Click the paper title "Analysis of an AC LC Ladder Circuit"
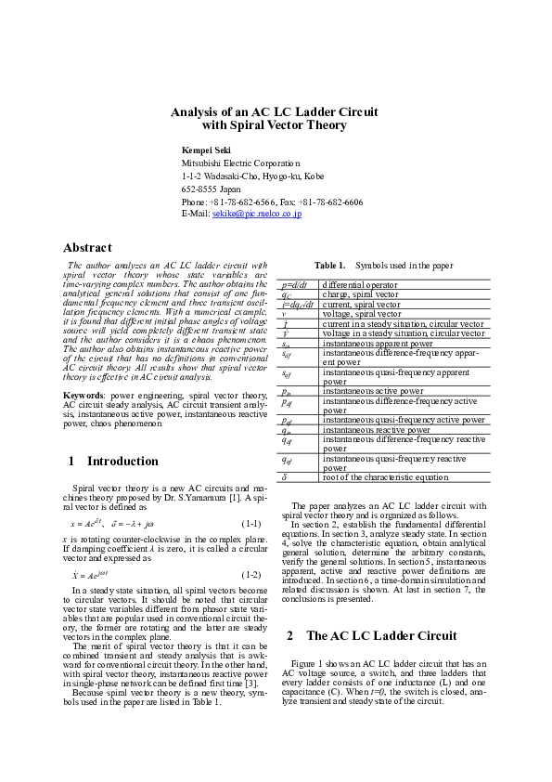(274, 111)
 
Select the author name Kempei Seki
(206, 150)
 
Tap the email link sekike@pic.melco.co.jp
(257, 214)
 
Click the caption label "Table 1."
(329, 266)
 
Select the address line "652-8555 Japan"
(212, 189)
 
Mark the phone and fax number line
(272, 202)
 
